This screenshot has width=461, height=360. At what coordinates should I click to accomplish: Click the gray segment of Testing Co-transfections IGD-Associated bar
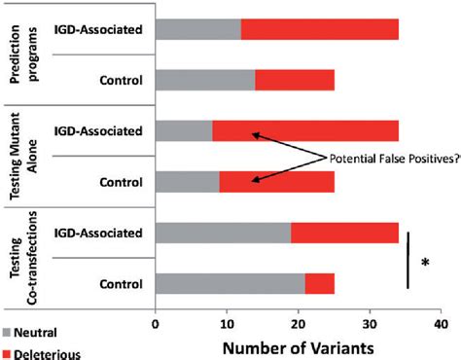(x=223, y=234)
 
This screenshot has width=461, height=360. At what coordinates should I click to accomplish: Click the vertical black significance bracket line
(x=408, y=260)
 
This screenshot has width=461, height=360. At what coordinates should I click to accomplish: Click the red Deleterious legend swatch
(x=8, y=352)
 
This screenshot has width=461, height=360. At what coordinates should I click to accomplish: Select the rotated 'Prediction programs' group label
(x=21, y=54)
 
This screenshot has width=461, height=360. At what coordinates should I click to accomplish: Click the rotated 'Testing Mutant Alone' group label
(x=21, y=156)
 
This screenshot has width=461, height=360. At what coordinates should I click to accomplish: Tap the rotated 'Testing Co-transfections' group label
(x=21, y=258)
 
